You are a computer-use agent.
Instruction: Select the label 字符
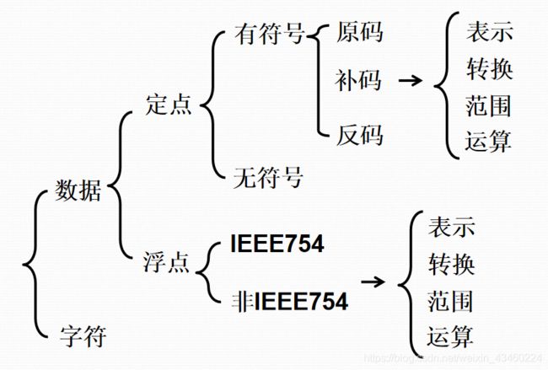[x=83, y=338]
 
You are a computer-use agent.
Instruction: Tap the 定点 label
[x=169, y=105]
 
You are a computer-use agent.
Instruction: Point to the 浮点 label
[x=169, y=263]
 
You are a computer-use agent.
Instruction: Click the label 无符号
[x=268, y=178]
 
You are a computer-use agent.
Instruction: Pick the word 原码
[x=359, y=33]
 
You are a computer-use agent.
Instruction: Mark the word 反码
[x=359, y=133]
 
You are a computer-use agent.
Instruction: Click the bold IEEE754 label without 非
[x=276, y=245]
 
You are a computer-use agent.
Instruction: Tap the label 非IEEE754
[x=288, y=299]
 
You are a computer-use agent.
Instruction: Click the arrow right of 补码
[x=410, y=81]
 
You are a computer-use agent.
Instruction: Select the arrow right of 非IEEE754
[x=373, y=281]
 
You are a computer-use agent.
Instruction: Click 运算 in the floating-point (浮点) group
[x=451, y=337]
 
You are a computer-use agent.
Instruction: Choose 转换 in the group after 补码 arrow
[x=488, y=68]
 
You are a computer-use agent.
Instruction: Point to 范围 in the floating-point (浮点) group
[x=451, y=301]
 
